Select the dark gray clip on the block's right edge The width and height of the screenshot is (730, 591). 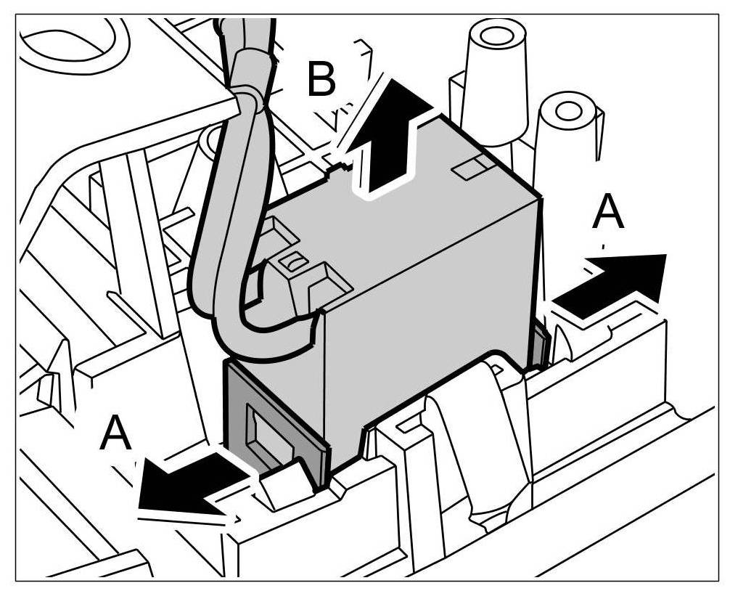(540, 341)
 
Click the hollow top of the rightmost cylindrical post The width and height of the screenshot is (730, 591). (570, 110)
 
